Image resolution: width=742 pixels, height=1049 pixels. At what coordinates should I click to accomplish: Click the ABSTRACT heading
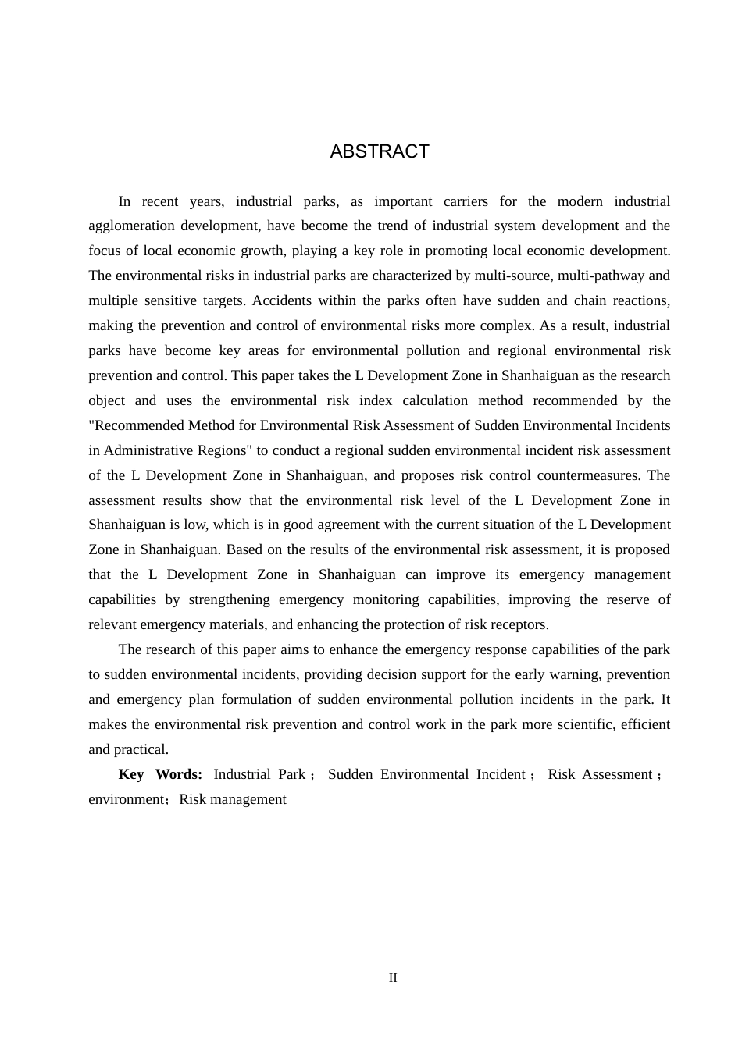pyautogui.click(x=380, y=151)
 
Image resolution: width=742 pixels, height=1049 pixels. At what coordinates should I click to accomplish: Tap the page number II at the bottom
pyautogui.click(x=393, y=978)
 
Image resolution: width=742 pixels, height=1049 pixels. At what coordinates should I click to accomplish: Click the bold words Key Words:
pyautogui.click(x=160, y=774)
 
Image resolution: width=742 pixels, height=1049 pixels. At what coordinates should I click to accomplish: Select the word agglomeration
pyautogui.click(x=131, y=226)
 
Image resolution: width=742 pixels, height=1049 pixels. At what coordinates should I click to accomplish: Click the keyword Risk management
pyautogui.click(x=233, y=799)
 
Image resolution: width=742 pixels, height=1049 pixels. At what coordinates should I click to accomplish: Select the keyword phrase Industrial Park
pyautogui.click(x=259, y=774)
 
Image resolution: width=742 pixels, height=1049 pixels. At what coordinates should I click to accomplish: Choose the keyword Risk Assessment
pyautogui.click(x=600, y=774)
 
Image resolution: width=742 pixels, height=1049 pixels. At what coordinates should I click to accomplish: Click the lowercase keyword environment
pyautogui.click(x=126, y=799)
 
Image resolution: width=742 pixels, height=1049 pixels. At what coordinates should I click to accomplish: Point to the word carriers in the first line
pyautogui.click(x=466, y=201)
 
